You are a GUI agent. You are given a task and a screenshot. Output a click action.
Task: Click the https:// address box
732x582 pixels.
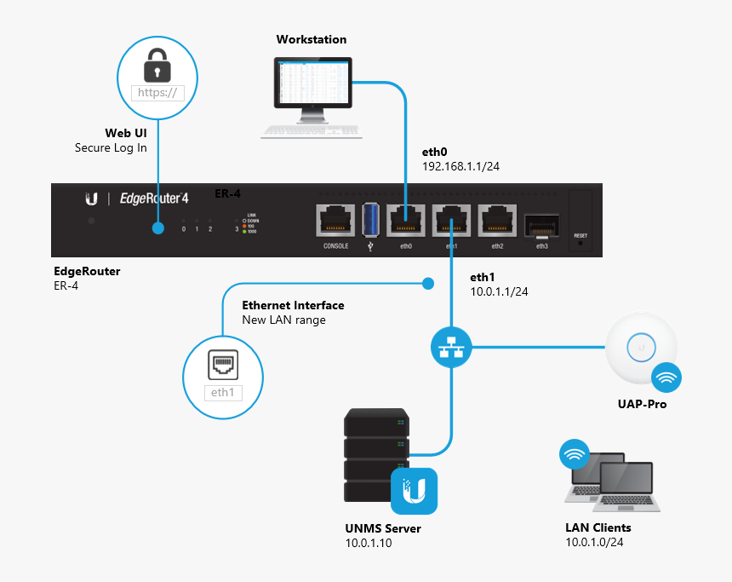coord(157,93)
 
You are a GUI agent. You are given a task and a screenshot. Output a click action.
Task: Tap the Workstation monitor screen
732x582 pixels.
coord(312,83)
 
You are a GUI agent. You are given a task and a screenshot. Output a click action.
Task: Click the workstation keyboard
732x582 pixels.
coord(311,131)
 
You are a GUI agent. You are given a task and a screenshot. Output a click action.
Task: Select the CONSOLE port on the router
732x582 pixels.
coord(336,222)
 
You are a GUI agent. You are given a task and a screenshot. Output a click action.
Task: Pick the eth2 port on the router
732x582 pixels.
coord(497,222)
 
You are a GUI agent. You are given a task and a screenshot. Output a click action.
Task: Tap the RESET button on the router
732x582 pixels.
coord(580,242)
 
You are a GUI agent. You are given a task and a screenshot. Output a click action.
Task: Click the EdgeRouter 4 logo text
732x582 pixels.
coord(152,199)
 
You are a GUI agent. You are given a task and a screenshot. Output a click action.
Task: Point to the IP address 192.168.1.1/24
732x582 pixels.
coord(460,167)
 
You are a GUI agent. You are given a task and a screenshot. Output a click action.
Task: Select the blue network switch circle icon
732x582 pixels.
coord(450,347)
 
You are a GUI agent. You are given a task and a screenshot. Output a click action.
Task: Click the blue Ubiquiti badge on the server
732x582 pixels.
coord(414,491)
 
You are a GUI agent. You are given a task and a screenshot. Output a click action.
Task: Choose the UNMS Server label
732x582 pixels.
coord(383,528)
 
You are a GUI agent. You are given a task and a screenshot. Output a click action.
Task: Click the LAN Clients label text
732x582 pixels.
coord(598,527)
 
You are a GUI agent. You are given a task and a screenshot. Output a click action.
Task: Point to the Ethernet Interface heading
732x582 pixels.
coord(293,305)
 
